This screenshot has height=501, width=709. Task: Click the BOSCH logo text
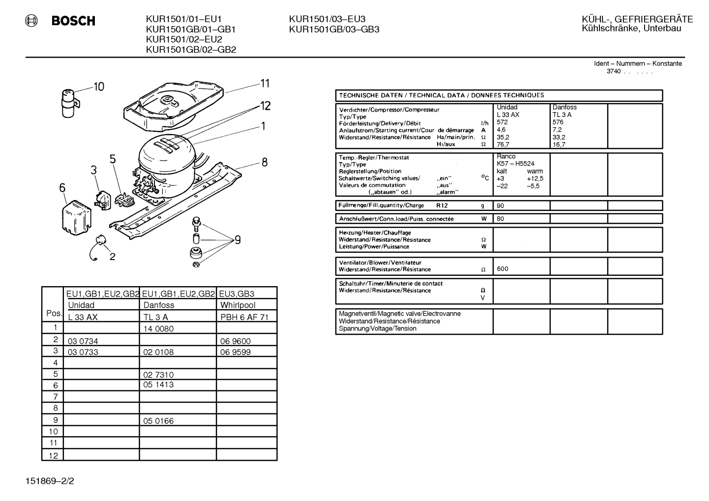click(x=73, y=21)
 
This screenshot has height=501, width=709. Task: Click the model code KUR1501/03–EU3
click(x=327, y=19)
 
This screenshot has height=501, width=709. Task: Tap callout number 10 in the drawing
click(x=99, y=87)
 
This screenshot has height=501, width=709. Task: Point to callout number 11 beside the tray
click(x=265, y=83)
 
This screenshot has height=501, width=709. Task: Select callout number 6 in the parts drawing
click(x=62, y=188)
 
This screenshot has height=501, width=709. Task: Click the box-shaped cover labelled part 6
click(x=76, y=217)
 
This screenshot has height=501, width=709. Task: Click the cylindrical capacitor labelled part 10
click(x=69, y=103)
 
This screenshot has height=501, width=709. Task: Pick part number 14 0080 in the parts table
click(x=158, y=329)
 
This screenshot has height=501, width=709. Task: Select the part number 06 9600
click(x=235, y=341)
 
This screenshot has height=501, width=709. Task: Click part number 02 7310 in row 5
click(x=158, y=375)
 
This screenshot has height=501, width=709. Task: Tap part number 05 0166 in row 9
click(x=158, y=421)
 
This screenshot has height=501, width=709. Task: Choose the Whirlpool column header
click(x=237, y=305)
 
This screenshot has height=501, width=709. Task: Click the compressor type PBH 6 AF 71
click(x=244, y=317)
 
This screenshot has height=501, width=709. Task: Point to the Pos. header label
click(x=54, y=313)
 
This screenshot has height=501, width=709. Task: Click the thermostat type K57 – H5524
click(x=516, y=164)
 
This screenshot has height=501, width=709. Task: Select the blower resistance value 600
click(x=502, y=269)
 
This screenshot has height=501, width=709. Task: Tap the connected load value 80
click(x=500, y=219)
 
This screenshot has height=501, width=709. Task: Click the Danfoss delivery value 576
click(x=558, y=122)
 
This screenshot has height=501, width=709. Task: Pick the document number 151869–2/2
click(x=50, y=481)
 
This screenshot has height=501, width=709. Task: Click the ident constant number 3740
click(x=614, y=71)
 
